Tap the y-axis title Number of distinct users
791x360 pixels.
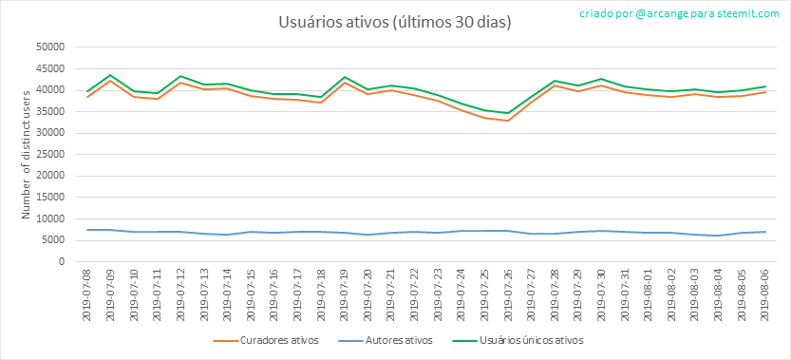click(x=26, y=154)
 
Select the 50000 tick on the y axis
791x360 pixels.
click(x=53, y=47)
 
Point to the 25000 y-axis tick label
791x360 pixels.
click(x=53, y=155)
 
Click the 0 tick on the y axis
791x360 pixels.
click(x=63, y=262)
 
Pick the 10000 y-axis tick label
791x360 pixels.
click(x=53, y=219)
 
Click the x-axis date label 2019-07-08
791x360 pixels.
click(x=86, y=294)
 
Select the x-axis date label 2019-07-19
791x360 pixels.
click(x=345, y=294)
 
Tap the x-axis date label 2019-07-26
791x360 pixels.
click(x=509, y=294)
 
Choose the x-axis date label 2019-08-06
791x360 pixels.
click(x=765, y=294)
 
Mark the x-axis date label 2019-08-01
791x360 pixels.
click(x=649, y=294)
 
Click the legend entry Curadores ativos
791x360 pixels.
click(x=265, y=340)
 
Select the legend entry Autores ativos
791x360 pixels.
click(x=389, y=340)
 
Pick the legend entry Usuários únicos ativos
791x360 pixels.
click(x=521, y=340)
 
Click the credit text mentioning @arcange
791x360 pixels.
click(x=680, y=14)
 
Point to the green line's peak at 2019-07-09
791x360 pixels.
click(x=110, y=75)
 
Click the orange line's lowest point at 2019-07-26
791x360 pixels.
click(x=509, y=121)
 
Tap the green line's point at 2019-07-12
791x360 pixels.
click(x=180, y=76)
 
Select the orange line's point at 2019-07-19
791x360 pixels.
click(x=345, y=83)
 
